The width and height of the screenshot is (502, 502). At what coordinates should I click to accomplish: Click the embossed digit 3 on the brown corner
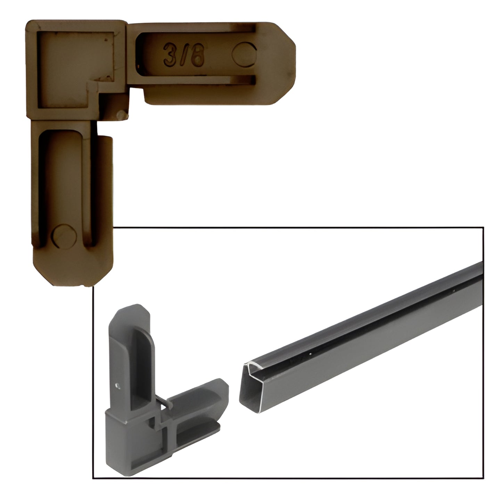(x=170, y=54)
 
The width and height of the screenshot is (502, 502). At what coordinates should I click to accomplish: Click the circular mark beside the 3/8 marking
(x=244, y=54)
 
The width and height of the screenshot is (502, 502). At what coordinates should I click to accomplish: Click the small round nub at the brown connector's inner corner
(x=121, y=115)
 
